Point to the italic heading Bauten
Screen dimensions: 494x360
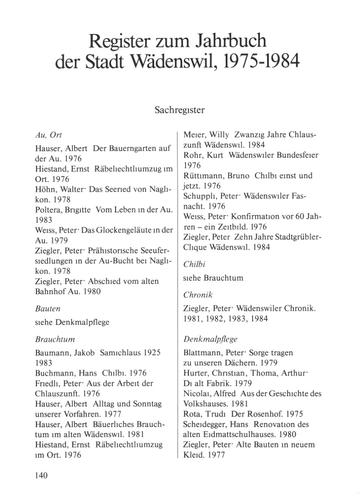48,309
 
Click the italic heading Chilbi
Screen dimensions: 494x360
194,265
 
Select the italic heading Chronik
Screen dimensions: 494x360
198,295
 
